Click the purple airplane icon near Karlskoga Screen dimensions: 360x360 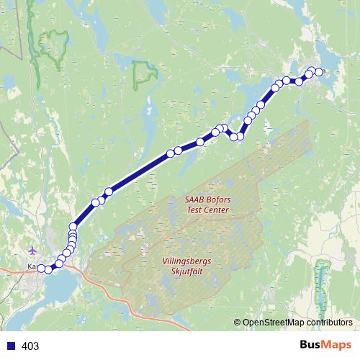point(33,251)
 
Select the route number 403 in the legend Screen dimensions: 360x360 point(31,346)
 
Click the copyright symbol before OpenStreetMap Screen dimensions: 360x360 point(238,323)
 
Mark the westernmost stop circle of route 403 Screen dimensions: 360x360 point(41,269)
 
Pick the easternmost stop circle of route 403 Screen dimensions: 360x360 point(319,72)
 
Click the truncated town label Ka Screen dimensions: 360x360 point(32,267)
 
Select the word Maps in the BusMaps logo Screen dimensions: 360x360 point(337,346)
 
